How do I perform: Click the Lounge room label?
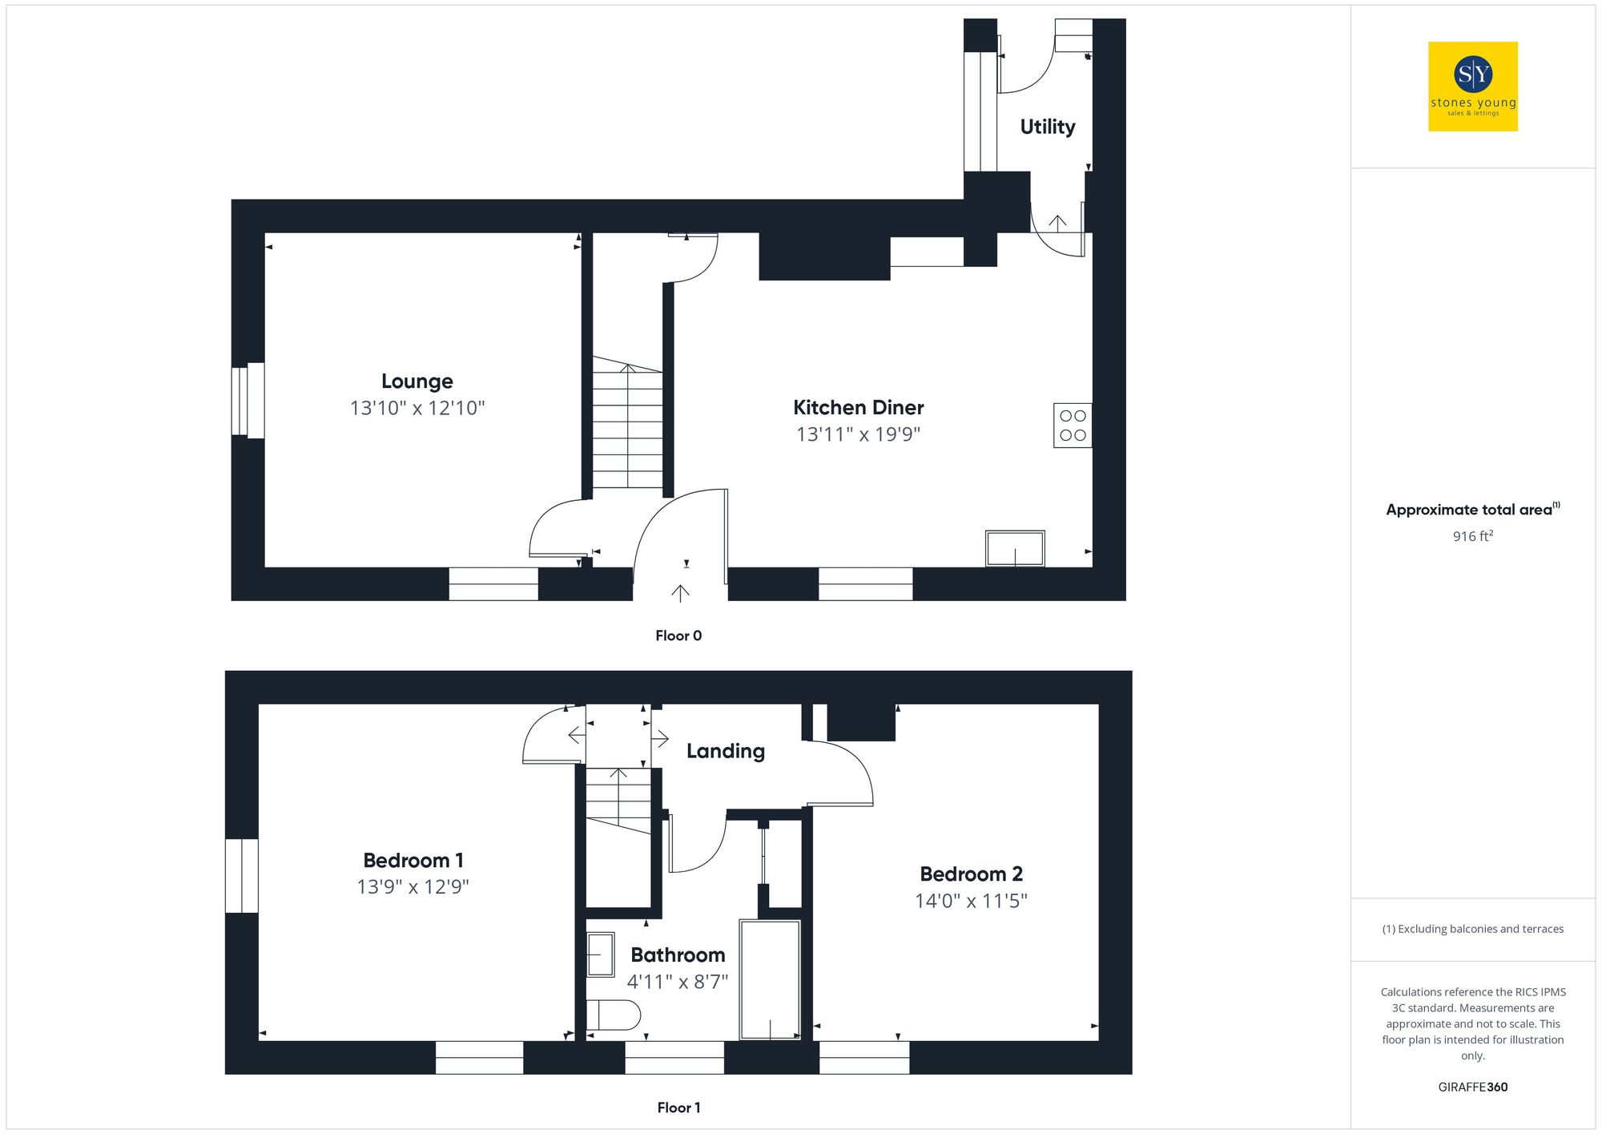417,381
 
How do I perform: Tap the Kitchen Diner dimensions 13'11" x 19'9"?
858,434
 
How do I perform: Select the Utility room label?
1047,127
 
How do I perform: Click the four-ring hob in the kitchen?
1073,426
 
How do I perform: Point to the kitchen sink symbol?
1015,549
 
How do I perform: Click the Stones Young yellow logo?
1472,87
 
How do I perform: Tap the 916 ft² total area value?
1472,536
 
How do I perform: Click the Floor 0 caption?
678,636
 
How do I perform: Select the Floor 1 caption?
678,1108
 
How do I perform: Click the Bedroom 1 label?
413,861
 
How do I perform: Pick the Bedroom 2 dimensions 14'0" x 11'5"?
971,901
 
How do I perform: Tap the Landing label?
725,751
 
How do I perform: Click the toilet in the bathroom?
613,1015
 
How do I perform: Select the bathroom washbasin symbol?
600,954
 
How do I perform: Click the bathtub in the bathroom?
770,979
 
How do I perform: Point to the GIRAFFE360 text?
1472,1088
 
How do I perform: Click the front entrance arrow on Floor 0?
680,593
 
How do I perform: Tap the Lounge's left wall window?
248,400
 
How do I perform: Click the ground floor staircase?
627,425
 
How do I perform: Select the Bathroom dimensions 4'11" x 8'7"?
677,982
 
